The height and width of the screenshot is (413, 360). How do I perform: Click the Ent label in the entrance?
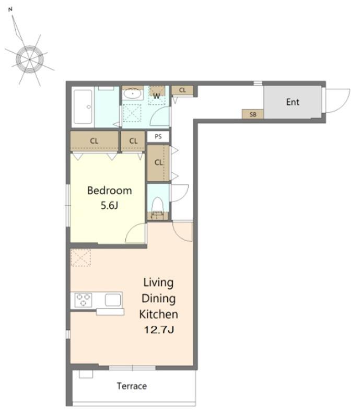(x=293, y=102)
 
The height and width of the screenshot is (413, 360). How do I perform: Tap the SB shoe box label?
(x=253, y=114)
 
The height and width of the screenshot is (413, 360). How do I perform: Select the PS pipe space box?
(x=158, y=137)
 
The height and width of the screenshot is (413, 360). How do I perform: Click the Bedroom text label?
(x=109, y=191)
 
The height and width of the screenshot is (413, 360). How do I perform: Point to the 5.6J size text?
(x=109, y=205)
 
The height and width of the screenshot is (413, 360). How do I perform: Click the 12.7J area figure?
(x=159, y=329)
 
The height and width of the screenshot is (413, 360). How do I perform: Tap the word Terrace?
(x=132, y=386)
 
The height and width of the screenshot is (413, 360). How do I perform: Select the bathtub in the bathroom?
(x=83, y=107)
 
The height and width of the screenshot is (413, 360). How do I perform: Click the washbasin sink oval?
(x=133, y=94)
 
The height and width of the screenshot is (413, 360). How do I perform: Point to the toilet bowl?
(x=158, y=204)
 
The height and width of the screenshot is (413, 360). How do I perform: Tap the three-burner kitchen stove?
(x=83, y=300)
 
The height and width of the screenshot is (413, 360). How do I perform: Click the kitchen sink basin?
(x=113, y=300)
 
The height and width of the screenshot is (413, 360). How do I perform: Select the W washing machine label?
(x=157, y=96)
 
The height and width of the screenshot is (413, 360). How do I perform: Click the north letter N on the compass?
(x=10, y=9)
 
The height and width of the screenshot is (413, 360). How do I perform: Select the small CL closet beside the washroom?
(x=182, y=90)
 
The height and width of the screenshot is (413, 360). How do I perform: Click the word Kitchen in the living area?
(x=159, y=314)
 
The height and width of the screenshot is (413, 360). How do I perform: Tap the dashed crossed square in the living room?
(x=80, y=257)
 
